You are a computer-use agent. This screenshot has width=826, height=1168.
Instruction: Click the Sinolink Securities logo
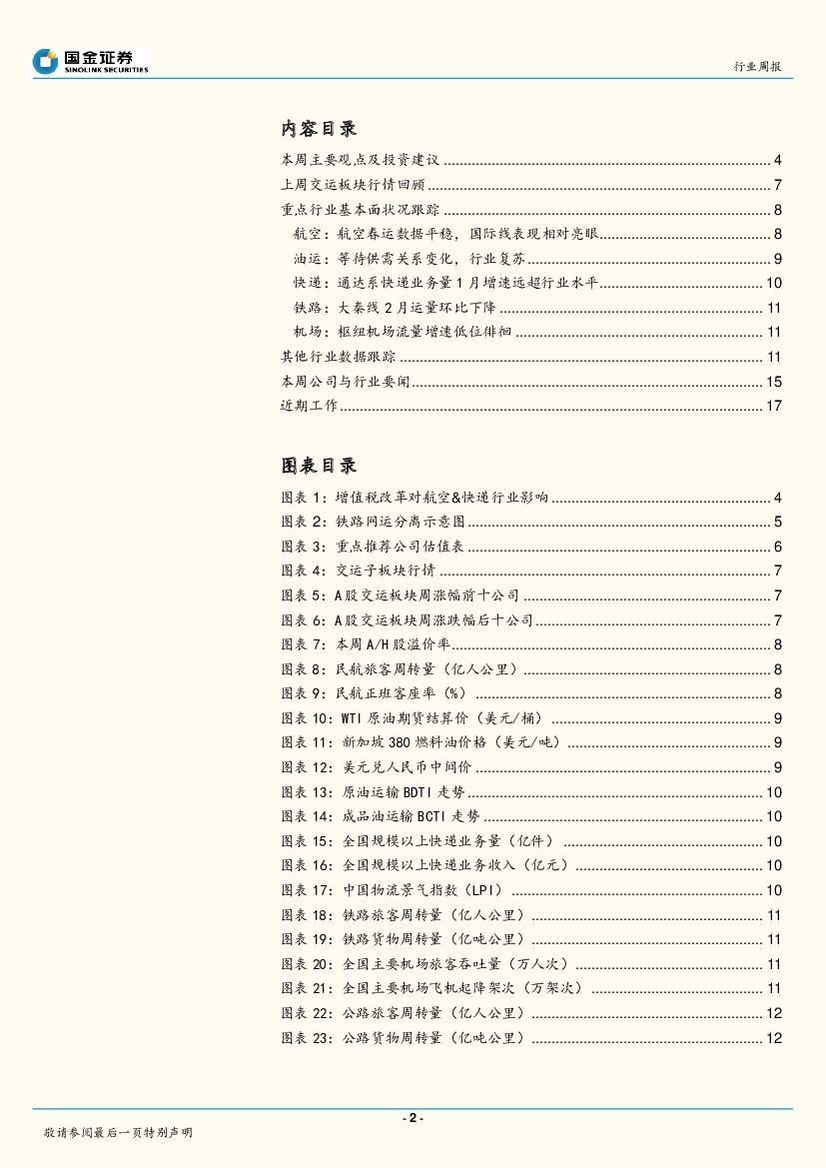[x=90, y=61]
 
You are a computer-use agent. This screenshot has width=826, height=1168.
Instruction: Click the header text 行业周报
[x=757, y=66]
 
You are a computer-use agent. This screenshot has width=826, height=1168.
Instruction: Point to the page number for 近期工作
[x=774, y=406]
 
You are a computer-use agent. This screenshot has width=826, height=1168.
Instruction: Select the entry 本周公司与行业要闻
[x=347, y=382]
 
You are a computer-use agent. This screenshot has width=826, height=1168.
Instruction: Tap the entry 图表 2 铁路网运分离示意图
[x=375, y=522]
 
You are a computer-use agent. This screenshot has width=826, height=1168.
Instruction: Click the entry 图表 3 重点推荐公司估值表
[x=375, y=547]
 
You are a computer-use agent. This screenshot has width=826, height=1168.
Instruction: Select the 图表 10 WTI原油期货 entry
[x=413, y=718]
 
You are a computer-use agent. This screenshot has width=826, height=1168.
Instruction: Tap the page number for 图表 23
[x=774, y=1039]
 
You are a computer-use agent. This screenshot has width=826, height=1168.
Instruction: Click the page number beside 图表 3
[x=777, y=547]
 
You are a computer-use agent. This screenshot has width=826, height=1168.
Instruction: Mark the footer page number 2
[x=413, y=1118]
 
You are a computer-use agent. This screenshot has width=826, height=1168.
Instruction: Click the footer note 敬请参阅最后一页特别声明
[x=118, y=1133]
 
